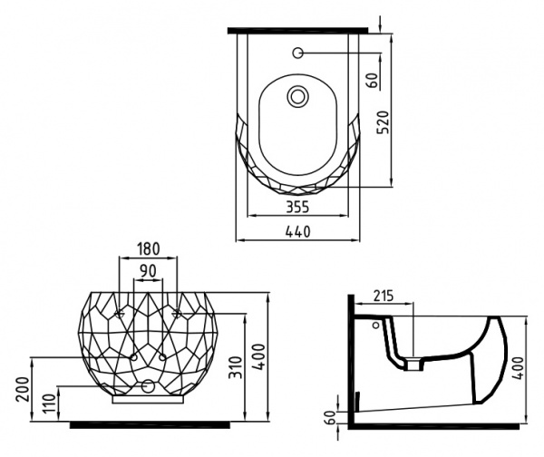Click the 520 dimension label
(383, 122)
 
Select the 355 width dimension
(297, 207)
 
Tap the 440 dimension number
(297, 231)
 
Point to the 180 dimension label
(148, 248)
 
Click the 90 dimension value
(148, 271)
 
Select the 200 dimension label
(23, 389)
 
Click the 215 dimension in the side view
(384, 296)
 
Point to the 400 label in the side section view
(518, 368)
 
